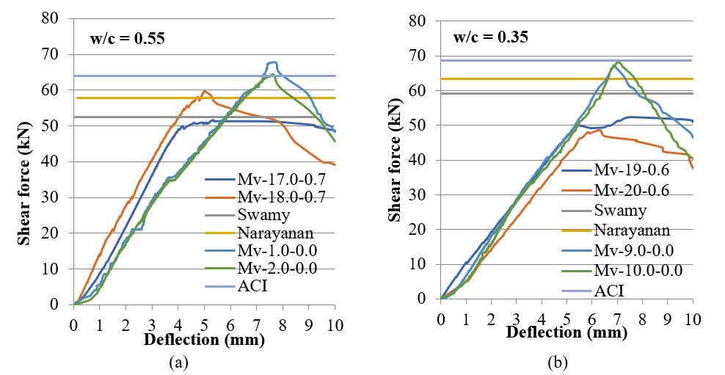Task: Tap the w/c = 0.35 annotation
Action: coord(491,37)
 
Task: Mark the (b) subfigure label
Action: coord(567,362)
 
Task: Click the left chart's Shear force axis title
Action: coord(23,160)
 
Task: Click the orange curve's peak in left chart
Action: coord(204,91)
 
